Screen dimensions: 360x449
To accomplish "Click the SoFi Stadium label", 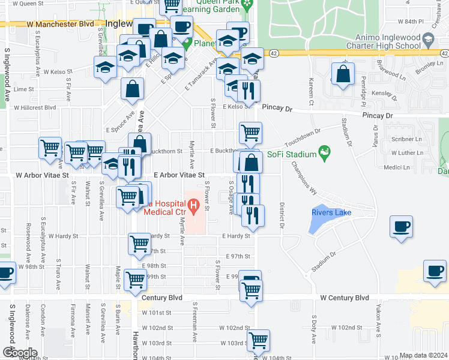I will [x=292, y=154].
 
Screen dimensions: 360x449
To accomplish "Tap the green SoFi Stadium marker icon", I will [x=325, y=154].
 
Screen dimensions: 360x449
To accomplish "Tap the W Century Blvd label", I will [x=345, y=298].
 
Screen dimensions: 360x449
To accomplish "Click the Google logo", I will [x=20, y=353].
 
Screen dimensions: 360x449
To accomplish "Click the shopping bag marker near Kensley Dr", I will [x=343, y=75].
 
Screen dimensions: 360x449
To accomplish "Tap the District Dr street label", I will [x=281, y=215].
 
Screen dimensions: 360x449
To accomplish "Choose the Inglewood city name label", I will [x=122, y=23].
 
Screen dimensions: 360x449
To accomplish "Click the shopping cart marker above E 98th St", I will [x=139, y=243].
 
